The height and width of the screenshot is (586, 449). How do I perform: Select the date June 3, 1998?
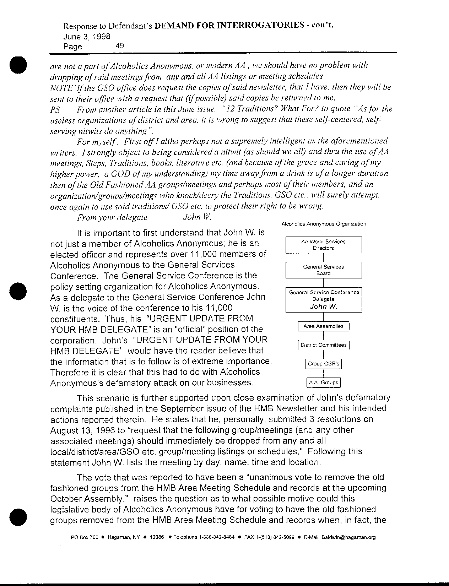pyautogui.click(x=87, y=36)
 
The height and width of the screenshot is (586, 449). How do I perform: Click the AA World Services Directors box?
pyautogui.click(x=323, y=245)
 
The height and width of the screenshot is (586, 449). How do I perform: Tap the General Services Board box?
pyautogui.click(x=323, y=270)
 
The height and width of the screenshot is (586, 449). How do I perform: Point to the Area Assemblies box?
pyautogui.click(x=323, y=326)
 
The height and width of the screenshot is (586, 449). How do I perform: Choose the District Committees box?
pyautogui.click(x=323, y=345)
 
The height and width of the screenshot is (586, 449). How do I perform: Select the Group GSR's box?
pyautogui.click(x=323, y=364)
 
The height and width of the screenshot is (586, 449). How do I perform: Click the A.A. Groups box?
pyautogui.click(x=323, y=382)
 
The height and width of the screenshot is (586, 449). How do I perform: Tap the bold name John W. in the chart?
pyautogui.click(x=323, y=306)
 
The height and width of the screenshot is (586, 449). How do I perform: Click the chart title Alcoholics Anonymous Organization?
pyautogui.click(x=323, y=224)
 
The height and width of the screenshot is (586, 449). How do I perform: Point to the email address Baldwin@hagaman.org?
pyautogui.click(x=348, y=537)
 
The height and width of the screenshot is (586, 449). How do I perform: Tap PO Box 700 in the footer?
pyautogui.click(x=85, y=537)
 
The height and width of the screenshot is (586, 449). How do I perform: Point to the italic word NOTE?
pyautogui.click(x=60, y=87)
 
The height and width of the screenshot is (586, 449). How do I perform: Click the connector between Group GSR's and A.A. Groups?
pyautogui.click(x=323, y=373)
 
